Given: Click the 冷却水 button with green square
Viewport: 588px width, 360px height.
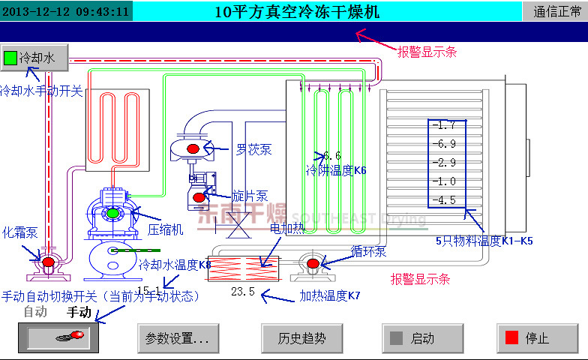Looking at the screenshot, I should click(x=34, y=57).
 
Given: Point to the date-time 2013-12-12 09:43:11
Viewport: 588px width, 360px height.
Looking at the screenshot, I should click(x=66, y=10).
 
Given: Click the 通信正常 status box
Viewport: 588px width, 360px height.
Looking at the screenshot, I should click(x=556, y=10).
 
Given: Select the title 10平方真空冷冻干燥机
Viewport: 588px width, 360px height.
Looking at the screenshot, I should click(x=297, y=10).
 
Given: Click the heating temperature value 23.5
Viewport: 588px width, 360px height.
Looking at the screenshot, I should click(x=243, y=292).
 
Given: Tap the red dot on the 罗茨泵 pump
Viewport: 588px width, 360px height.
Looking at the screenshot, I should click(x=193, y=149).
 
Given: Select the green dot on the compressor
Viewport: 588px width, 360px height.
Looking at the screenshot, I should click(x=112, y=214).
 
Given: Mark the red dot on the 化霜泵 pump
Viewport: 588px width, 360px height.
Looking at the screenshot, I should click(x=48, y=262).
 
